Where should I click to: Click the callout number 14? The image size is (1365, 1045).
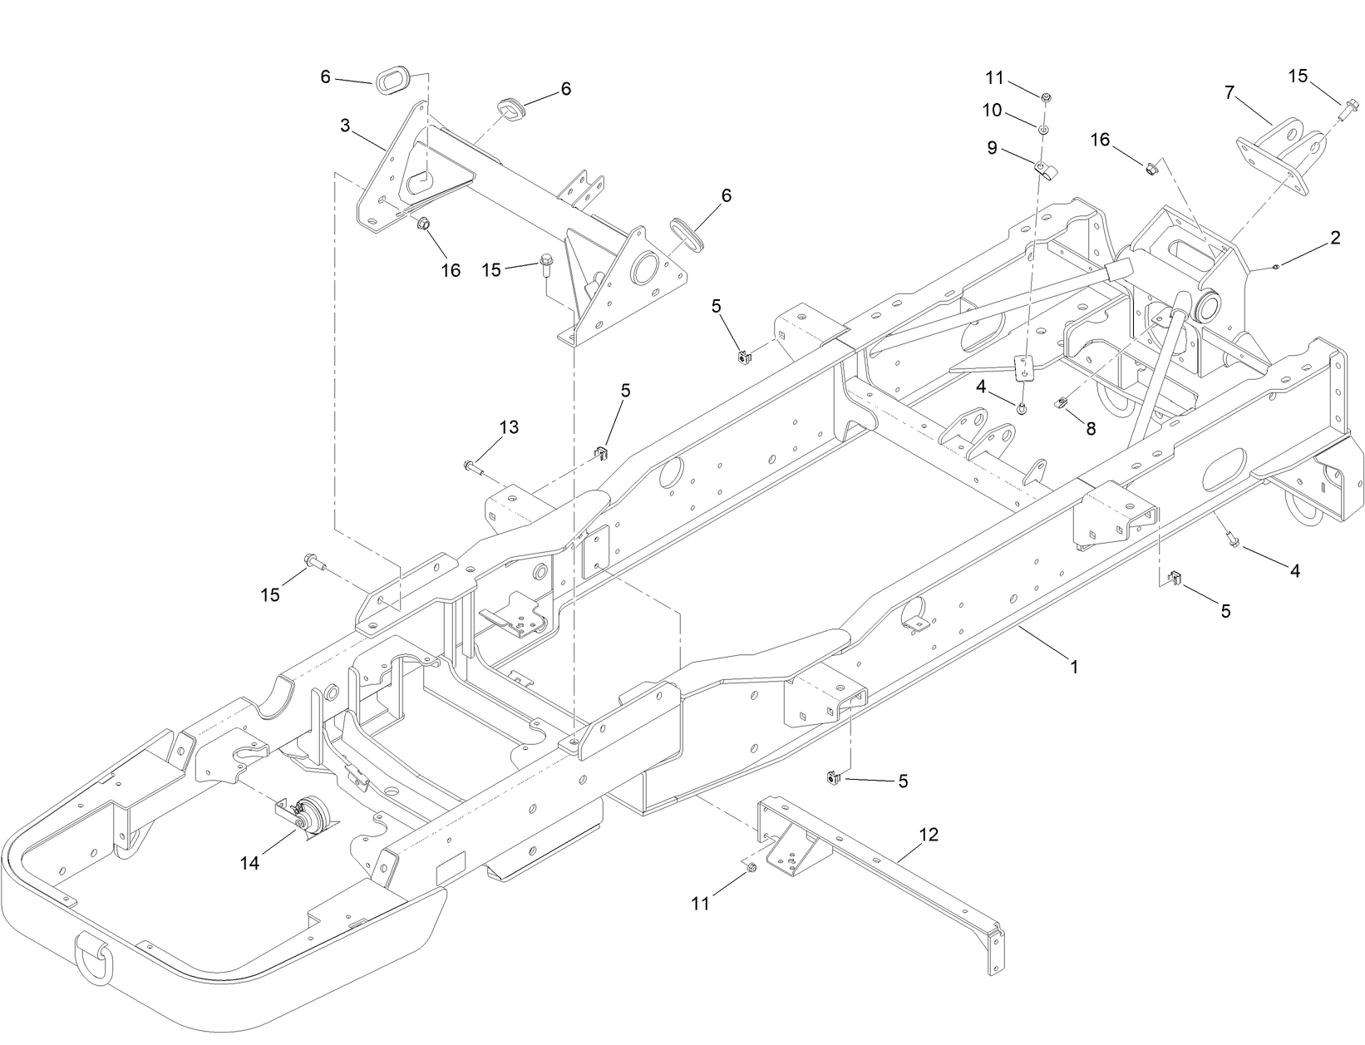(249, 864)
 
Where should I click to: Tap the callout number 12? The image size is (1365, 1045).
(929, 834)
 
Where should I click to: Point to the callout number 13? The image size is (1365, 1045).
(509, 427)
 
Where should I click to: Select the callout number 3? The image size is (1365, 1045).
(344, 126)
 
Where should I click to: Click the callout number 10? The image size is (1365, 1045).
(993, 111)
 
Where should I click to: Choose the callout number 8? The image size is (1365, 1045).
(1091, 429)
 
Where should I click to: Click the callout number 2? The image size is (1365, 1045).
(1335, 238)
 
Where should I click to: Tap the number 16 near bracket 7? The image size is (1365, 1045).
(1099, 140)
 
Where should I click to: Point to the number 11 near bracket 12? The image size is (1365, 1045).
(701, 903)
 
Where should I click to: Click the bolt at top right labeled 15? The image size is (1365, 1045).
(1349, 106)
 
